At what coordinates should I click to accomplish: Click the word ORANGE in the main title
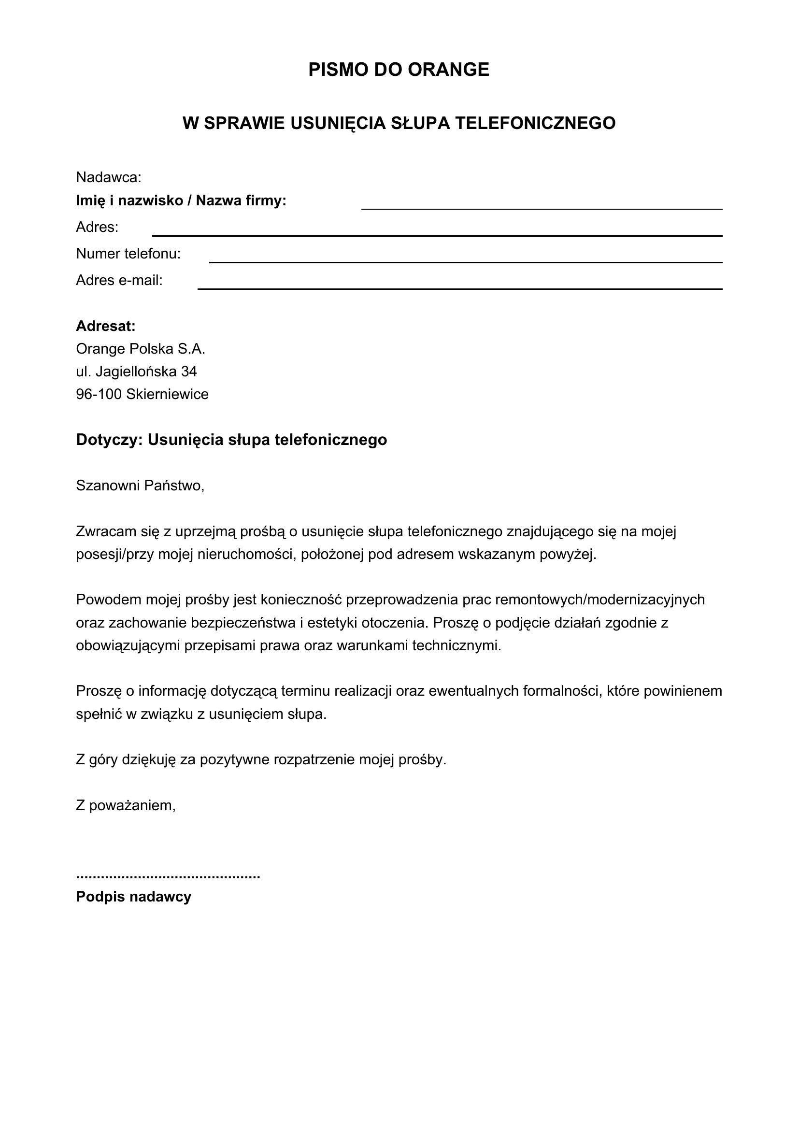[x=448, y=70]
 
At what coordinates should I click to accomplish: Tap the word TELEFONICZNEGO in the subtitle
[x=535, y=123]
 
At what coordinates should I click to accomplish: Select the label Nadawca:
[x=109, y=177]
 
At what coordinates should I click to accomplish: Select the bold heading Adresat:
[x=106, y=326]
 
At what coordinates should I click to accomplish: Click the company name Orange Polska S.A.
[x=140, y=349]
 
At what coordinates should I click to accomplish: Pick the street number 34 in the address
[x=189, y=371]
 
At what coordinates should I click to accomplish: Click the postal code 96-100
[x=99, y=394]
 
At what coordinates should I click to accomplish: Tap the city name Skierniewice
[x=167, y=394]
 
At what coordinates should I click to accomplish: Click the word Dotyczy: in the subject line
[x=109, y=440]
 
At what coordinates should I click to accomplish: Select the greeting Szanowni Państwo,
[x=140, y=486]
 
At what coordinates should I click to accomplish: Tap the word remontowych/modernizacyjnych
[x=600, y=600]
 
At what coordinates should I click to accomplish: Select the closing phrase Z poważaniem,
[x=126, y=806]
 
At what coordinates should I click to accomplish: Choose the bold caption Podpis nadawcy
[x=133, y=897]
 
